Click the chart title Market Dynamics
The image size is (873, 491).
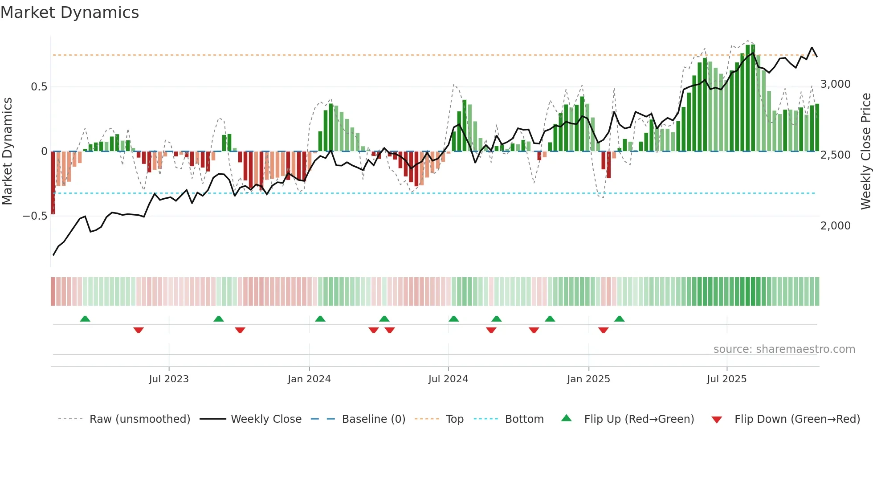[69, 12]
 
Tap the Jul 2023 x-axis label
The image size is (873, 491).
[169, 379]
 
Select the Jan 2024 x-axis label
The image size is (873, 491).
[309, 379]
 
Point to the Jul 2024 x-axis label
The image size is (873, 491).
[448, 379]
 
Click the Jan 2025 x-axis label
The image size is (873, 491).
[588, 379]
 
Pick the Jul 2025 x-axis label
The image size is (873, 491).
[726, 379]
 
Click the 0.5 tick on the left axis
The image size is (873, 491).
[39, 87]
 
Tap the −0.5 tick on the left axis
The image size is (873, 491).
[35, 216]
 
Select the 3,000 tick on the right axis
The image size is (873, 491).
[835, 84]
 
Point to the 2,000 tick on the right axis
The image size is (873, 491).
[835, 226]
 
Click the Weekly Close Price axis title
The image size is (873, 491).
[865, 151]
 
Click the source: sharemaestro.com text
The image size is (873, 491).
[784, 349]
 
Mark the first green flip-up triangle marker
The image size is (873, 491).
[85, 319]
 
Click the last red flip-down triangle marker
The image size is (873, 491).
[604, 330]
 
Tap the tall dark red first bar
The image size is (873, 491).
[53, 183]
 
